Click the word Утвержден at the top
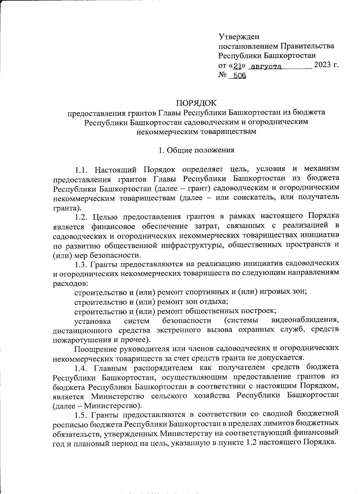pyautogui.click(x=239, y=37)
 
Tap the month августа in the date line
pyautogui.click(x=266, y=66)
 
